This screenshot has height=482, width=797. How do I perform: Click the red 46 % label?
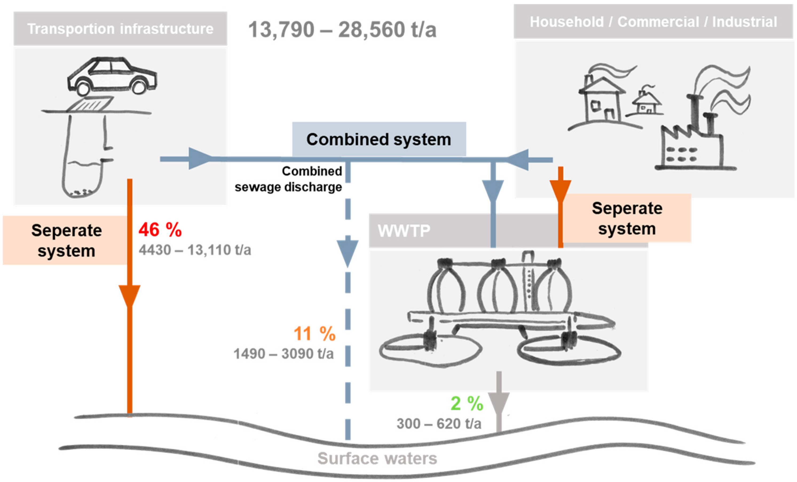[160, 230]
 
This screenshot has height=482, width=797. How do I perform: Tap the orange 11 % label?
[314, 334]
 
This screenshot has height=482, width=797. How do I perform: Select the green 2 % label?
[467, 404]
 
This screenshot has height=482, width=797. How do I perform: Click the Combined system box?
[379, 139]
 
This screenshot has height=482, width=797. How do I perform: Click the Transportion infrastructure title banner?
[120, 29]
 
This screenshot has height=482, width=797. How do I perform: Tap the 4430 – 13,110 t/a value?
[195, 250]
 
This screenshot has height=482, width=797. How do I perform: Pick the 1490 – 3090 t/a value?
[283, 354]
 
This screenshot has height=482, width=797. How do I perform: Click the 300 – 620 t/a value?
[439, 424]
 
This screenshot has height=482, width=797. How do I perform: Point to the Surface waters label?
[377, 459]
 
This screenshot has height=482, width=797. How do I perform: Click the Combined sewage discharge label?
[289, 179]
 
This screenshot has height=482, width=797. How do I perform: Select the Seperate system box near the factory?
[627, 218]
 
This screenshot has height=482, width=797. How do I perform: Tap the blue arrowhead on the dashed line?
[348, 252]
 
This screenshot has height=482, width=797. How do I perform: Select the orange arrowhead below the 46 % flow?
[129, 295]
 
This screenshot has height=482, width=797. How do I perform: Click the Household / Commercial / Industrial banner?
[653, 22]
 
